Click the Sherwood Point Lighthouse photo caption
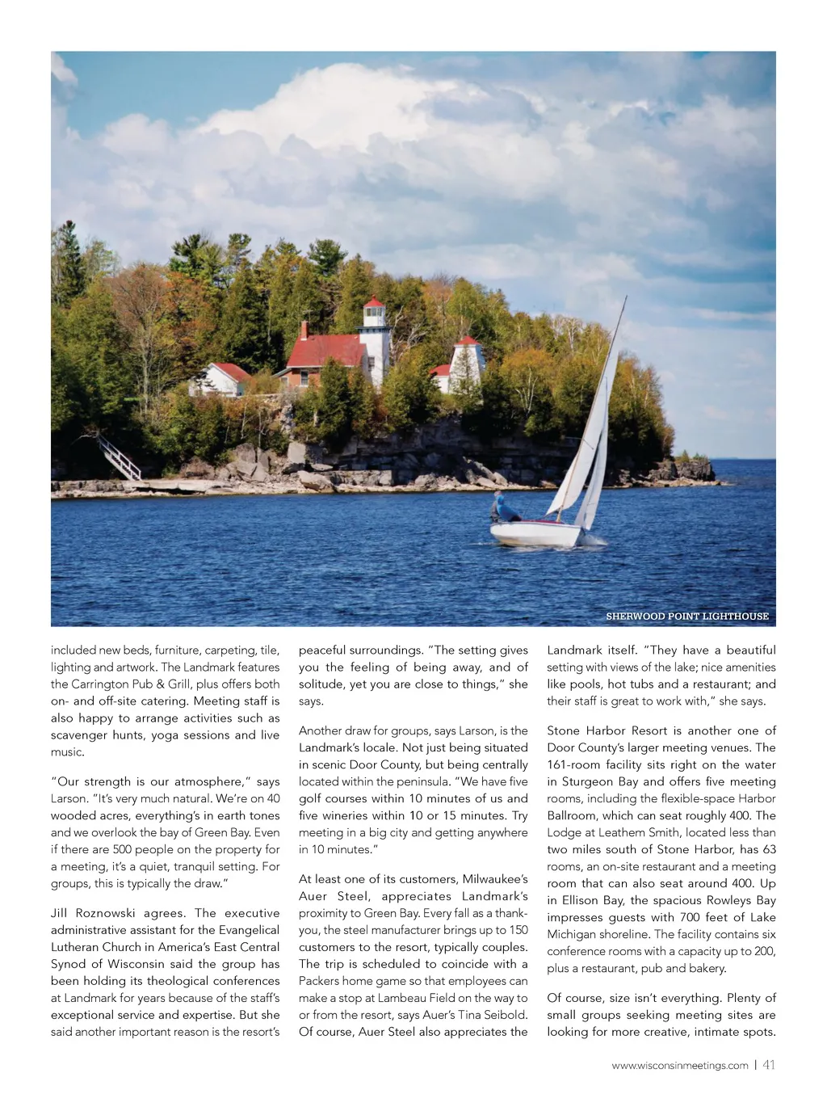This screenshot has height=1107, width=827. coord(687,617)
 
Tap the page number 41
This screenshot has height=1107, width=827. coord(769,1065)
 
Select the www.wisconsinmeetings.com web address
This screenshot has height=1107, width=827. coord(680,1066)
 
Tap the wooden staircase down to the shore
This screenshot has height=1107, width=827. coord(120,458)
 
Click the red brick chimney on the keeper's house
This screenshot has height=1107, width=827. coord(304,330)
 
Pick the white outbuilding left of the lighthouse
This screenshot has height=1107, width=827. coord(218,379)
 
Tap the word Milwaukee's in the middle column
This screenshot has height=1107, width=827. coord(495,879)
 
